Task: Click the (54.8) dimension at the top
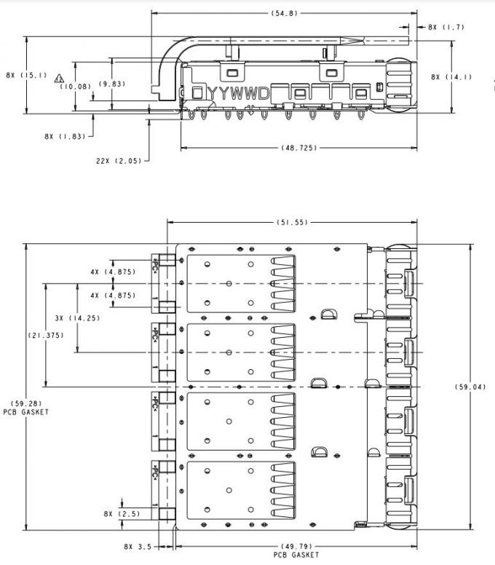point(285,13)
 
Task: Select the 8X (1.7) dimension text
point(446,27)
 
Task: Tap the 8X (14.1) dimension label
point(451,76)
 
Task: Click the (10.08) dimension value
point(75,86)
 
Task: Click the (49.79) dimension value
point(296,546)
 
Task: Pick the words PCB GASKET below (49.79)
point(296,555)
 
